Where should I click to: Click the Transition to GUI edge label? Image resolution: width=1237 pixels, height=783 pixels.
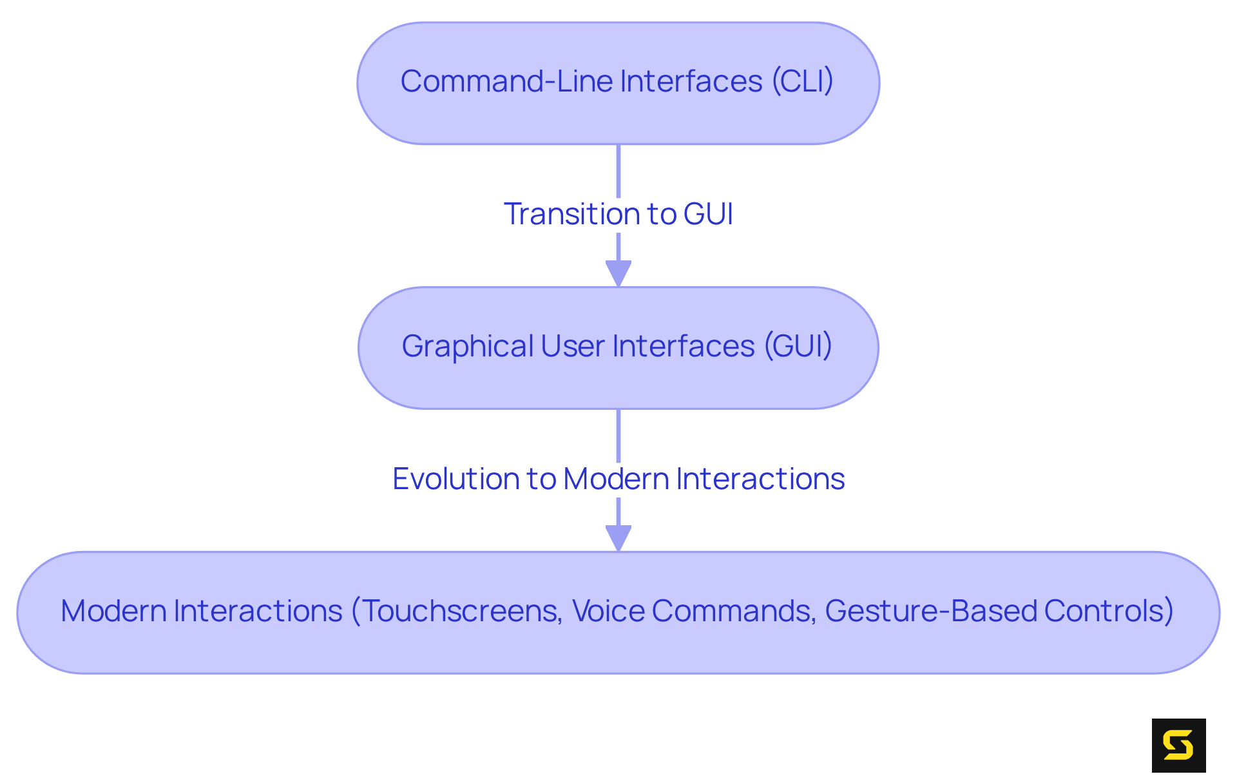(x=618, y=214)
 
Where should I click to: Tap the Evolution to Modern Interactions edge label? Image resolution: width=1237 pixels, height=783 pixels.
(x=618, y=479)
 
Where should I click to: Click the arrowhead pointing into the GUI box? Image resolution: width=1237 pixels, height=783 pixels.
(x=618, y=273)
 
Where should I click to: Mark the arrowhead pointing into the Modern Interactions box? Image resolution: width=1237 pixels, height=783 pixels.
(x=618, y=538)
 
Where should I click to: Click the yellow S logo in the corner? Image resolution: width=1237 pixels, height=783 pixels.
(x=1178, y=746)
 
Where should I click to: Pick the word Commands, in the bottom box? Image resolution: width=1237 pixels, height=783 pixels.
(x=734, y=611)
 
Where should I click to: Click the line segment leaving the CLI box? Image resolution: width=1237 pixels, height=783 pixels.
(x=618, y=171)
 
